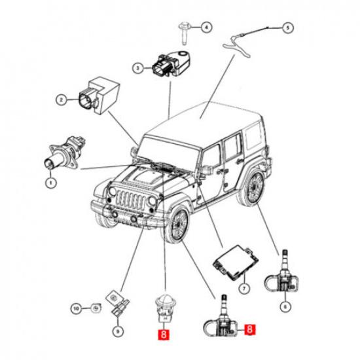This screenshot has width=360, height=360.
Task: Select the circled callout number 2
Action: click(x=62, y=100)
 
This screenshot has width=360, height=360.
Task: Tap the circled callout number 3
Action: click(x=137, y=68)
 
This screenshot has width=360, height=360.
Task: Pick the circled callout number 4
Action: click(x=206, y=27)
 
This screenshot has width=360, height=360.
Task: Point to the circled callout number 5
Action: click(x=288, y=28)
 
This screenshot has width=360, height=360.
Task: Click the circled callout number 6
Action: click(x=285, y=306)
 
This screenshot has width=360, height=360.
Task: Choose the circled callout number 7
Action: click(x=244, y=288)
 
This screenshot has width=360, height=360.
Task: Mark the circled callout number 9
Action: click(x=118, y=331)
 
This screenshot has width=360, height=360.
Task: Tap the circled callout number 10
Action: click(x=77, y=309)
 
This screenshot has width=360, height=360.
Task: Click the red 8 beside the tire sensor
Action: click(x=250, y=329)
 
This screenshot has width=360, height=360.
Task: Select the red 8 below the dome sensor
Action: click(x=164, y=334)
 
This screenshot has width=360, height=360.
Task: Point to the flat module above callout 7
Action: click(x=236, y=262)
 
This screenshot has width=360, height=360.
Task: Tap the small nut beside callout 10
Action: click(x=96, y=308)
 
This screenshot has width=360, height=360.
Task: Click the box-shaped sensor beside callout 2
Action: click(x=99, y=96)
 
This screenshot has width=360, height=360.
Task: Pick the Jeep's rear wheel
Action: click(x=253, y=187)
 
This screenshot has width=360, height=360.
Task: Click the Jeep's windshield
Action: click(x=169, y=153)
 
